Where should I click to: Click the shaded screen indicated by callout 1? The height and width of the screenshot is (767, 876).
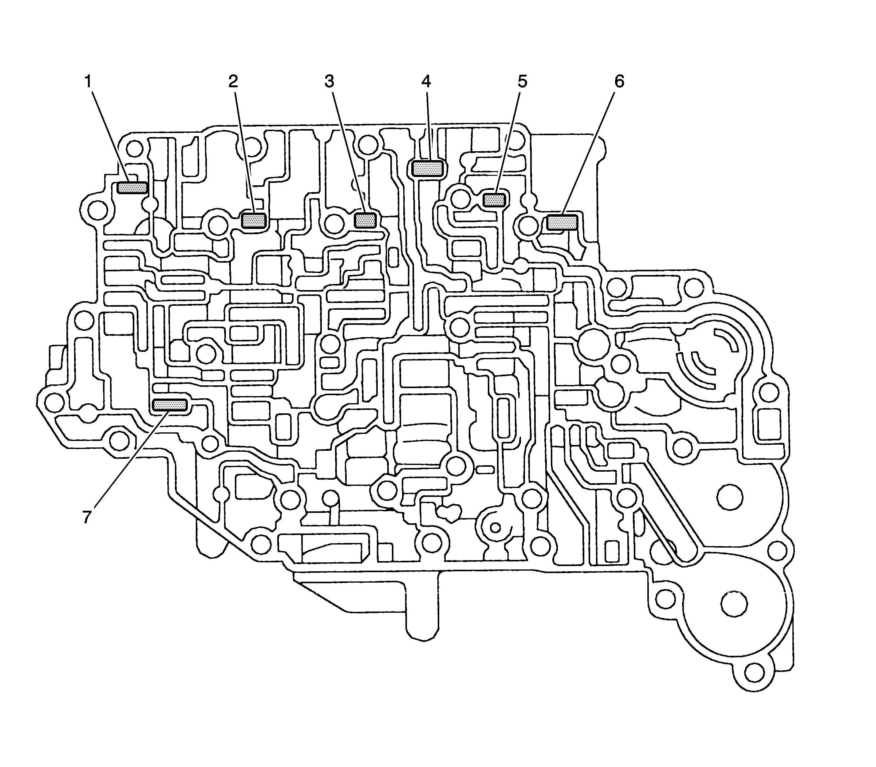[132, 187]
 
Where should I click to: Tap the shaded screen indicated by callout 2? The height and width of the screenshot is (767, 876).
[254, 220]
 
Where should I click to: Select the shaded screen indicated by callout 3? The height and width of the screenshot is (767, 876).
[366, 220]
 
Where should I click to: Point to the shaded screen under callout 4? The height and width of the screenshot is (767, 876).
[427, 168]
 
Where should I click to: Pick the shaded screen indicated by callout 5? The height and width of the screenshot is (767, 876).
[495, 199]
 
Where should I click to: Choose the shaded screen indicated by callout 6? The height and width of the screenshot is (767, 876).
[562, 222]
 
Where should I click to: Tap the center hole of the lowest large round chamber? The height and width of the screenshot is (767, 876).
[734, 604]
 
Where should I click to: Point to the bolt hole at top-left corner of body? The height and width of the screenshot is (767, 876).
[134, 149]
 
